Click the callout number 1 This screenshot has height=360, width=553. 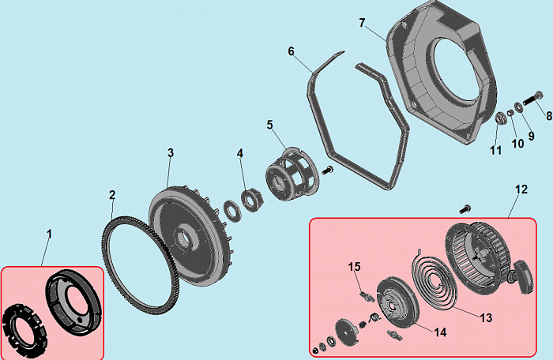[x=49, y=234]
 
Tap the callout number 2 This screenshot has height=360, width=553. [x=112, y=195]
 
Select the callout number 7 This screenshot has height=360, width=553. [x=362, y=23]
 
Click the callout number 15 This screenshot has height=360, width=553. [x=355, y=266]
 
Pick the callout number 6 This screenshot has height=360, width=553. [x=291, y=51]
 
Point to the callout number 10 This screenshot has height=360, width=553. [x=517, y=144]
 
